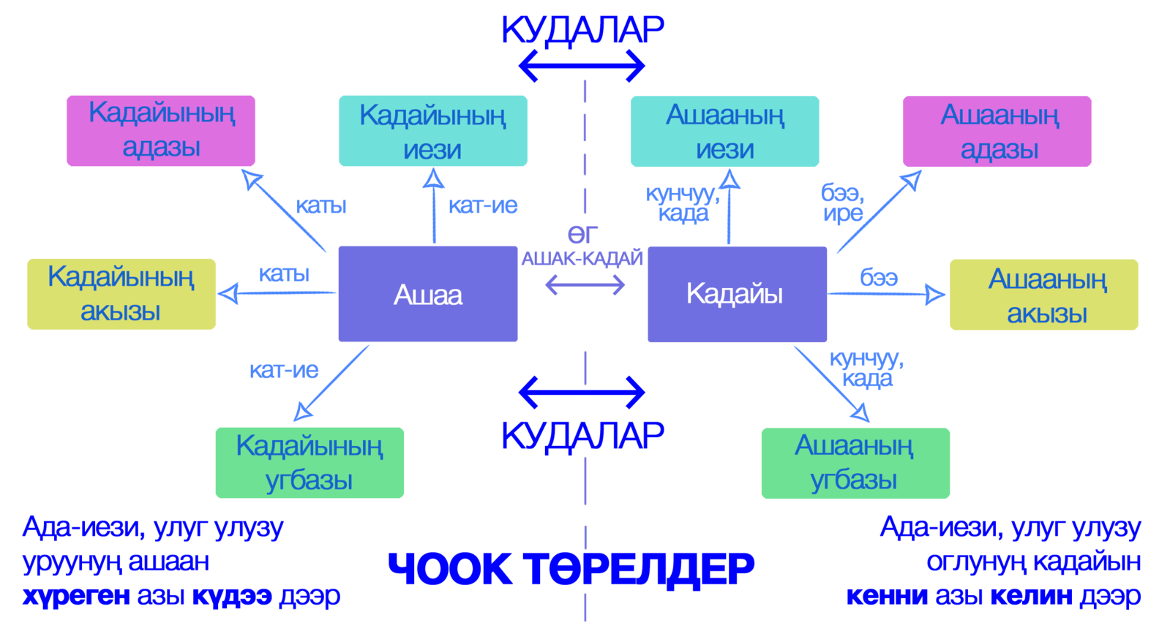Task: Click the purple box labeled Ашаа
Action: tap(428, 294)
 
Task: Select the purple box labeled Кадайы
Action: tap(737, 294)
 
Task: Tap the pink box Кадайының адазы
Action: tap(161, 130)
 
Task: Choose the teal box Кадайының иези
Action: tap(433, 131)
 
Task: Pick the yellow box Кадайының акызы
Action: tap(121, 294)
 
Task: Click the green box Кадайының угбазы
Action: tap(310, 463)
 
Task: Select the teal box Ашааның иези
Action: tap(724, 131)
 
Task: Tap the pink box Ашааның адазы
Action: tap(997, 131)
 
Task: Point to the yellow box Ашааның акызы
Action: tap(1044, 295)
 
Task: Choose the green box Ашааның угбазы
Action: tap(855, 464)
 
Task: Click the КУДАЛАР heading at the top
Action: tap(582, 30)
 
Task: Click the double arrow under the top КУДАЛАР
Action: tap(582, 67)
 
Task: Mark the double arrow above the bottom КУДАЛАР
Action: tap(582, 393)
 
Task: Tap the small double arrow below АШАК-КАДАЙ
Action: tap(585, 284)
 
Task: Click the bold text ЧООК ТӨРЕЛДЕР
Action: tap(571, 568)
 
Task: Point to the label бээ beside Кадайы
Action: tap(879, 277)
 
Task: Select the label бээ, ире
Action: tap(843, 203)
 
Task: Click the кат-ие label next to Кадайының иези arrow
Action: tap(483, 206)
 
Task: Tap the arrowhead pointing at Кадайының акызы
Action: tap(226, 294)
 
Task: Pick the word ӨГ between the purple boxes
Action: tap(582, 235)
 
